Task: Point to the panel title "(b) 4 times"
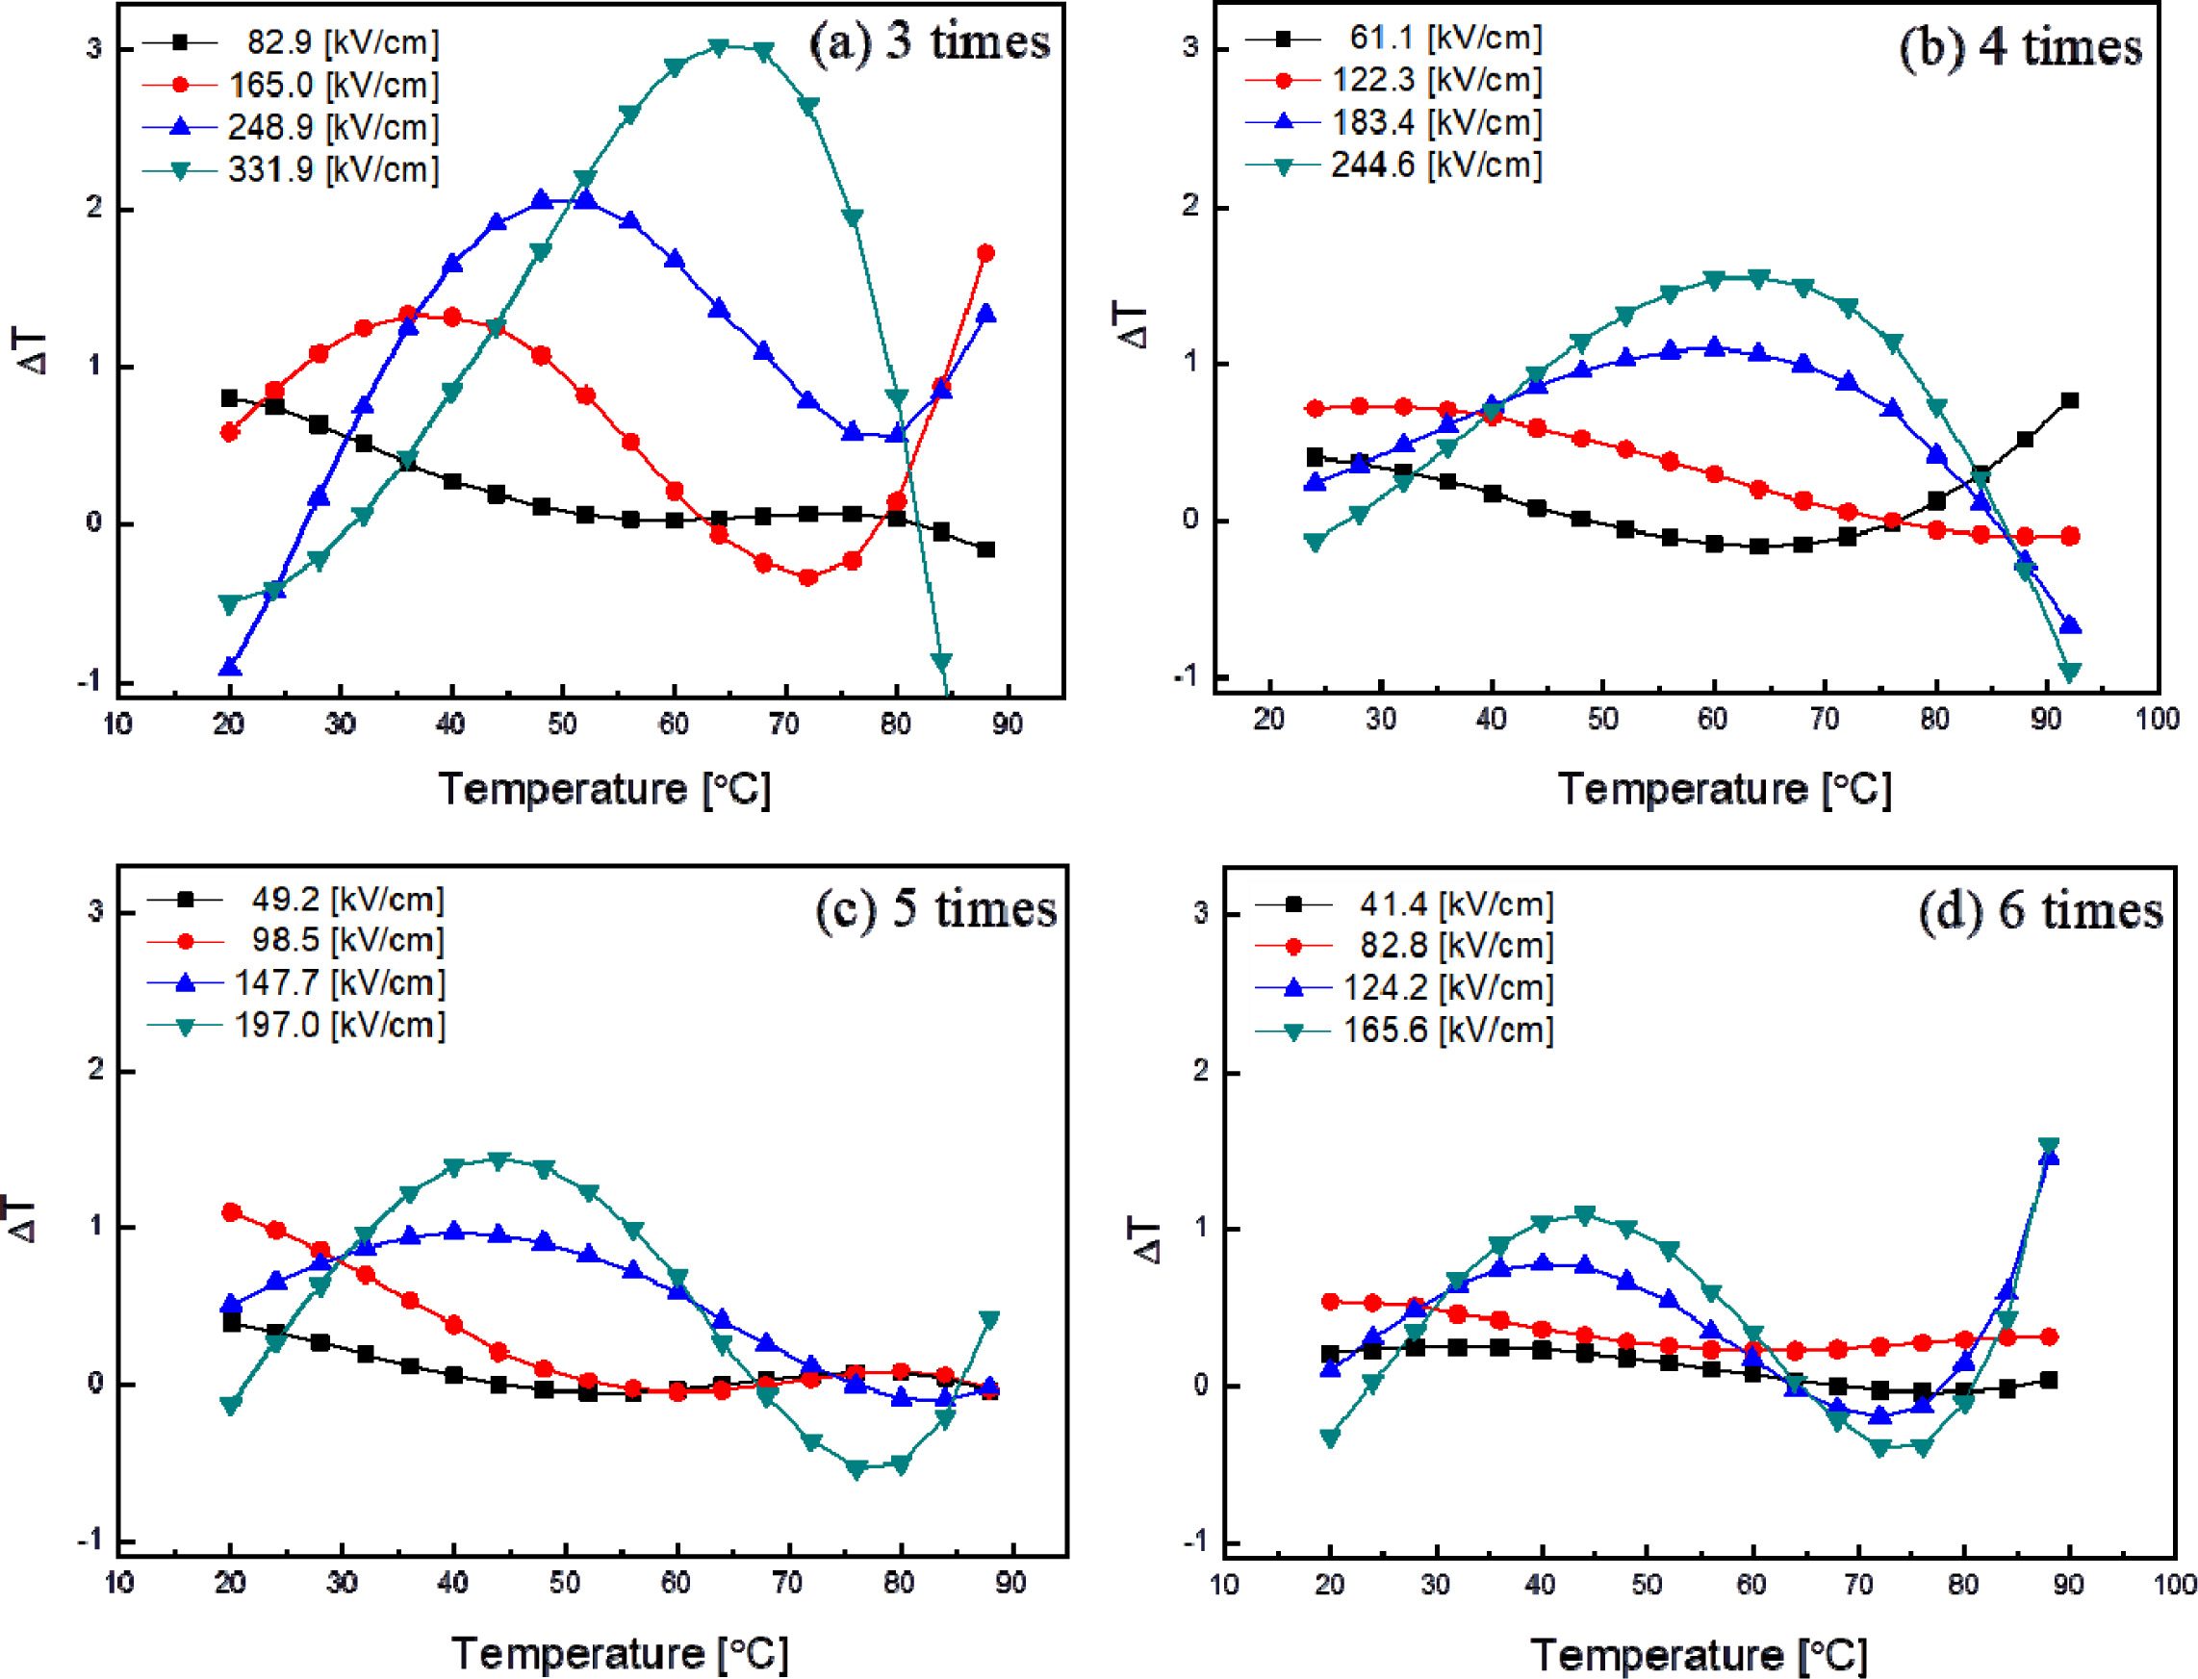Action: pos(2020,48)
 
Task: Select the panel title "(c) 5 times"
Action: pos(935,908)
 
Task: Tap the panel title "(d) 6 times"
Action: pos(2040,910)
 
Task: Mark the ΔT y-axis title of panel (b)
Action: pos(1134,326)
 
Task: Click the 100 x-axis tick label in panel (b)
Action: pos(2157,719)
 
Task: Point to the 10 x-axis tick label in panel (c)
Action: pos(119,1583)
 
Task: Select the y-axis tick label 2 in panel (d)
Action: pos(1200,1071)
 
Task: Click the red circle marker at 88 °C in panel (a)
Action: pos(985,254)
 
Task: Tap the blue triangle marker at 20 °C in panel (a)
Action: pos(230,667)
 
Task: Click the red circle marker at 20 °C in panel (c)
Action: pos(231,1212)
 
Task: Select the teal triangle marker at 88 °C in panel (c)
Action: pos(989,1320)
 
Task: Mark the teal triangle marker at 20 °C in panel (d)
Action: pos(1329,1438)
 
